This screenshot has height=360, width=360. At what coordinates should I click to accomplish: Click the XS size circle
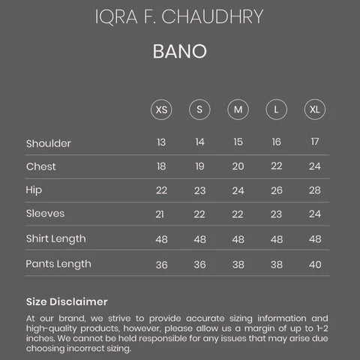[x=161, y=109]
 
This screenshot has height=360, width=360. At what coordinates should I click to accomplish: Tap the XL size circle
[x=315, y=109]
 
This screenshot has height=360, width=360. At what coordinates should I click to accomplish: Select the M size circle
[x=238, y=109]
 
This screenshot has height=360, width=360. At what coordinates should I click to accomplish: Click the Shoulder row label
[x=48, y=143]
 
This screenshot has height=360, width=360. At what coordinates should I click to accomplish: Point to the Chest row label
[x=40, y=166]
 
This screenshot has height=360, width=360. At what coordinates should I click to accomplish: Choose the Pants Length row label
[x=58, y=264]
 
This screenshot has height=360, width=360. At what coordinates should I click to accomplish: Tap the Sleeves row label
[x=45, y=214]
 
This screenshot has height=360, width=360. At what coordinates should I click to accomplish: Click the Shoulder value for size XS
[x=161, y=142]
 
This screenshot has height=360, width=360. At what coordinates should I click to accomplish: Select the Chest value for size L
[x=277, y=166]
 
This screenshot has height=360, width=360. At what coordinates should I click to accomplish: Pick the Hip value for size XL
[x=315, y=190]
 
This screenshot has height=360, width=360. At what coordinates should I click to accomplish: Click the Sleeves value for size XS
[x=161, y=214]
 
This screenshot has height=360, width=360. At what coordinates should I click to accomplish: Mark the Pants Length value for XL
[x=315, y=265]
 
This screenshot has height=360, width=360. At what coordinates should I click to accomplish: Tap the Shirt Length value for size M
[x=238, y=239]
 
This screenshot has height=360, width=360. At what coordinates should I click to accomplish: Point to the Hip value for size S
[x=199, y=190]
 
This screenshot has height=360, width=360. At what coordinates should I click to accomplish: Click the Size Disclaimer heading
[x=67, y=301]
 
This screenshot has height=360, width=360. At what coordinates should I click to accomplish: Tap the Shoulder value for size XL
[x=315, y=142]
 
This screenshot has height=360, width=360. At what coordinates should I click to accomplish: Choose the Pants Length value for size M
[x=238, y=265]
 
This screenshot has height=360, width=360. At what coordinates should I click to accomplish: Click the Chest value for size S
[x=199, y=166]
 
